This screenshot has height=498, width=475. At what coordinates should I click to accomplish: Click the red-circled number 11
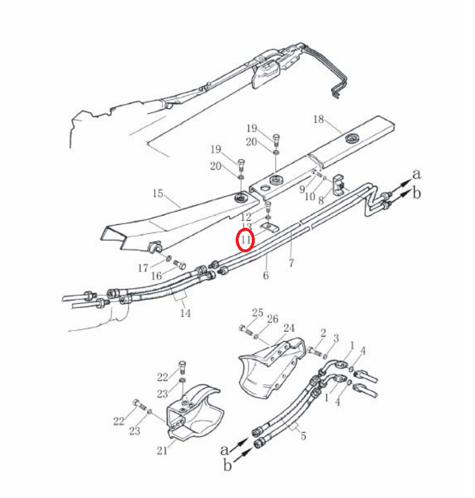pos(246,240)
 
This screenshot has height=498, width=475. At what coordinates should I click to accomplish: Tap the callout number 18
pos(319,119)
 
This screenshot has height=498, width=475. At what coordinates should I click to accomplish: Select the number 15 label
pos(158,193)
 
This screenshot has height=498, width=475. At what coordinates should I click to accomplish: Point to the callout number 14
pos(186,313)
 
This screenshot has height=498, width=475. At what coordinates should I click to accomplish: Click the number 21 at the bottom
pos(162,450)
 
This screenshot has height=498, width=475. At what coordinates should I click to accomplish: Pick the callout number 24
pos(289,328)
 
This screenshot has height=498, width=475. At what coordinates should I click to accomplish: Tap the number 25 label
pos(257,313)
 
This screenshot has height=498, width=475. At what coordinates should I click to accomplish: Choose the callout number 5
pos(304,436)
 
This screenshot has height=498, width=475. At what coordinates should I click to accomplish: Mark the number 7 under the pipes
pos(291,262)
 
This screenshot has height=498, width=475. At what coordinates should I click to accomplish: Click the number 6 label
pos(266,275)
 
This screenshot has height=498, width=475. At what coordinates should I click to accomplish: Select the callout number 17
pos(143,268)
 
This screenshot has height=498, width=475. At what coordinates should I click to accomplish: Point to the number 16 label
pos(156,276)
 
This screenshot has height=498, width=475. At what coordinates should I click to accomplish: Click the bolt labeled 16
pos(180,264)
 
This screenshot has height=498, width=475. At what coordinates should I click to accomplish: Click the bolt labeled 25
pos(246,329)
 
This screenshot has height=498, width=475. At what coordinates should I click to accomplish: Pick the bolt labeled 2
pos(315,351)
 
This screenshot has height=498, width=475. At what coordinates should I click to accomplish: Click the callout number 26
pos(273,319)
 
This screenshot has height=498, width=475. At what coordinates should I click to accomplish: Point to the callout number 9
pos(302,190)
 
